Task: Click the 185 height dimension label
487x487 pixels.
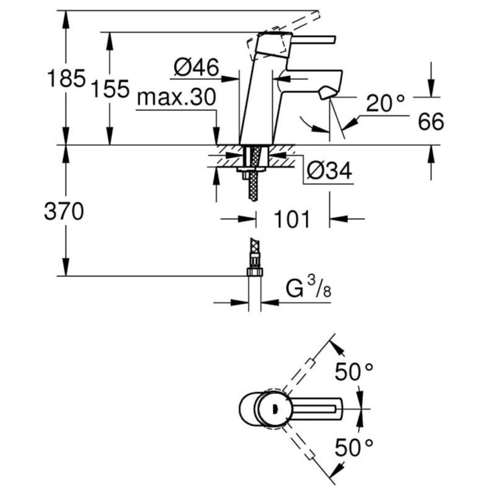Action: (x=66, y=78)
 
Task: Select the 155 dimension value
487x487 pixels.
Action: (x=110, y=88)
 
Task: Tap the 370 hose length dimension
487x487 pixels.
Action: (x=64, y=211)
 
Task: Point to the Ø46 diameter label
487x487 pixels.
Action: (x=196, y=67)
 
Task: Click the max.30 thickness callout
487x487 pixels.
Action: (x=177, y=97)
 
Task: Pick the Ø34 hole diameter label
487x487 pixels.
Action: (x=329, y=170)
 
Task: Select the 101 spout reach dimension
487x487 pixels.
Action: (x=292, y=219)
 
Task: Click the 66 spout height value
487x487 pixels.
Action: (x=431, y=121)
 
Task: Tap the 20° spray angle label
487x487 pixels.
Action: (x=385, y=103)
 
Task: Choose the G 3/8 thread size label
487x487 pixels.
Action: (x=309, y=288)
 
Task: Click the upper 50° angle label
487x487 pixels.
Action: (x=354, y=371)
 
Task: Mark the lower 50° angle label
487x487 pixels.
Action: (x=354, y=447)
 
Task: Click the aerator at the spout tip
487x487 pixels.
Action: (x=326, y=93)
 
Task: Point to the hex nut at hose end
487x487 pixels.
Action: (x=255, y=272)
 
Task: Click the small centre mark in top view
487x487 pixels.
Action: (x=274, y=408)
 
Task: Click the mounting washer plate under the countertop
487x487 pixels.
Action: (x=251, y=169)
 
